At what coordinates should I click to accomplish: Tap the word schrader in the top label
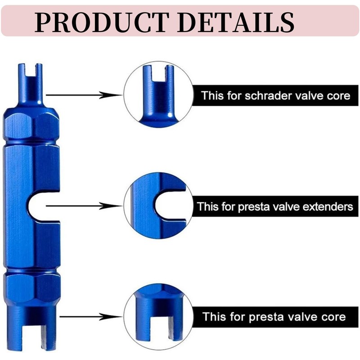pyautogui.click(x=264, y=95)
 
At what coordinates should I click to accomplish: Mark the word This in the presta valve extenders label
pyautogui.click(x=207, y=207)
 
